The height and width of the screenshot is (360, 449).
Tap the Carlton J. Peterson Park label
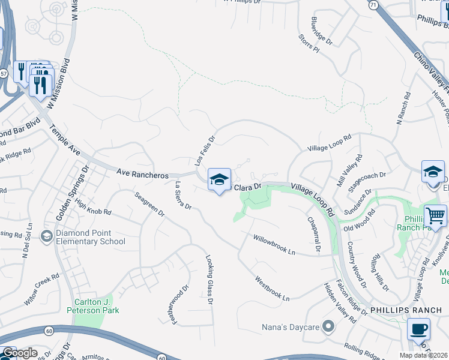(x=97, y=306)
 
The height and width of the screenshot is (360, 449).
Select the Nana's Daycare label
(x=294, y=327)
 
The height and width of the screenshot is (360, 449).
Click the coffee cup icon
(x=418, y=329)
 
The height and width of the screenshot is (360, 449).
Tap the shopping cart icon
(x=435, y=216)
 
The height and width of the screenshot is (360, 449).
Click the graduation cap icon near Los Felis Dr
(x=219, y=179)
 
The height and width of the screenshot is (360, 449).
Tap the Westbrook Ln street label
(x=272, y=288)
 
